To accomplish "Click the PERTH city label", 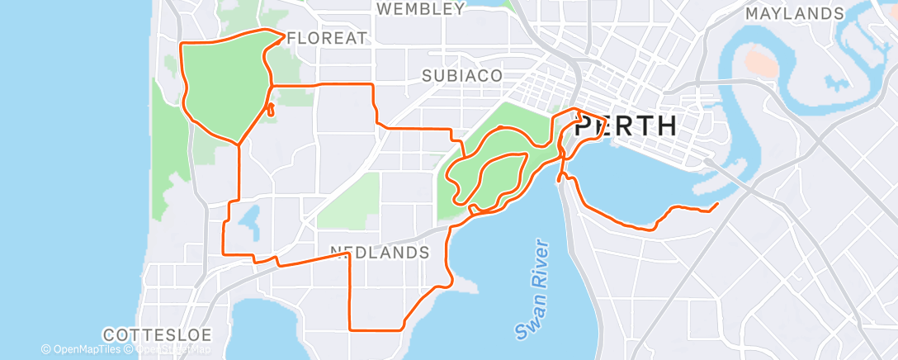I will (625, 126).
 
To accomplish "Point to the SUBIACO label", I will (462, 75).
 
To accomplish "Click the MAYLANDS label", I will (795, 14).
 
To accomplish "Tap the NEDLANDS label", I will (380, 251).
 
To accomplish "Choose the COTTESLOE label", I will (158, 335).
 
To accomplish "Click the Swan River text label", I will (532, 289).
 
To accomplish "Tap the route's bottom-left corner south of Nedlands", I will (350, 329).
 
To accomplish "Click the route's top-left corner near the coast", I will (182, 41).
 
